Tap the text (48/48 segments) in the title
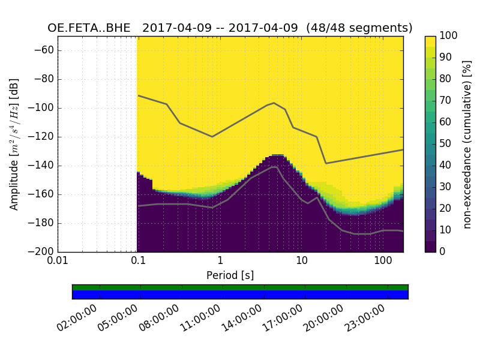tap(359, 28)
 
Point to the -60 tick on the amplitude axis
tap(46, 50)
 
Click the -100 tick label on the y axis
tap(43, 108)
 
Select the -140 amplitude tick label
tap(43, 166)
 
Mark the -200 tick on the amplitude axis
tap(43, 252)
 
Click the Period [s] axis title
tap(230, 275)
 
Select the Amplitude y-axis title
tap(14, 144)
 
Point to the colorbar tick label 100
tap(449, 36)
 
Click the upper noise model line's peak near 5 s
tap(274, 103)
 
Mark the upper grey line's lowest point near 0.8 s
tap(212, 137)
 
